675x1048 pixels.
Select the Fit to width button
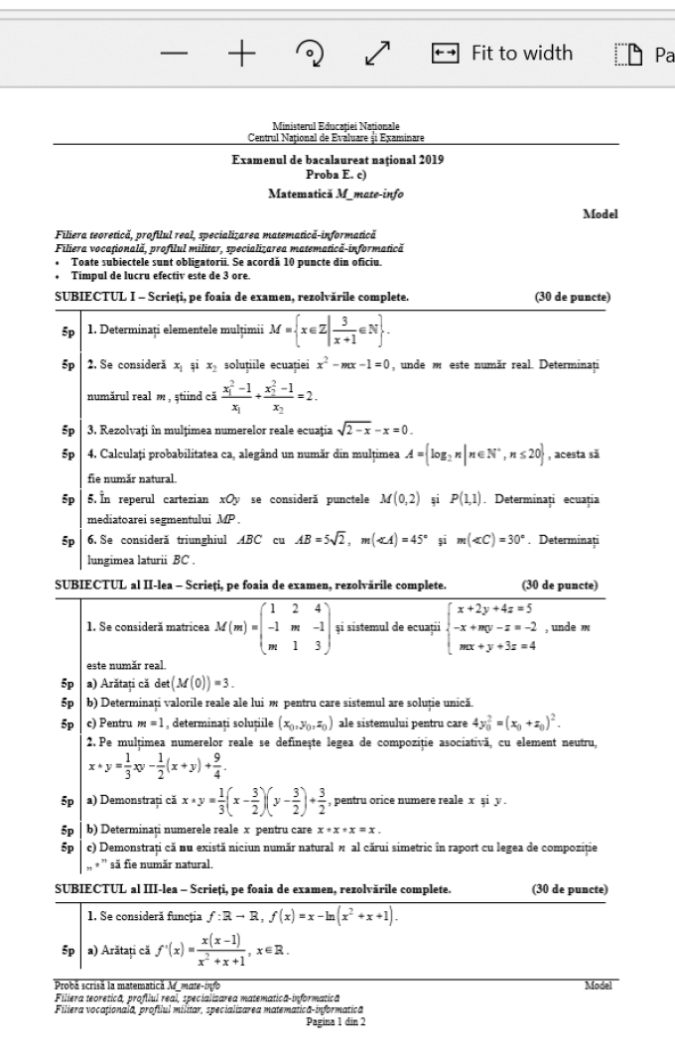(x=502, y=53)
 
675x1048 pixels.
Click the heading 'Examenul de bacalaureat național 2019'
(x=337, y=160)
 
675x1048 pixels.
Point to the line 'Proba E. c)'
(x=337, y=173)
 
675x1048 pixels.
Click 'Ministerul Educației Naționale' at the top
(x=337, y=126)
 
